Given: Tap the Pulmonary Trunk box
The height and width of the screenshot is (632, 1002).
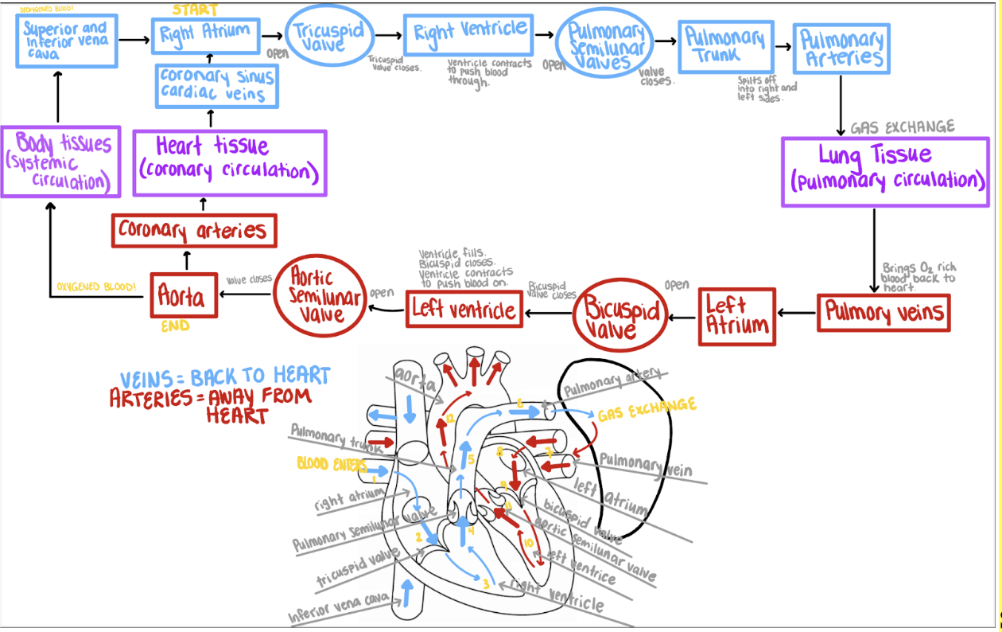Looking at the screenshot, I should pyautogui.click(x=725, y=46).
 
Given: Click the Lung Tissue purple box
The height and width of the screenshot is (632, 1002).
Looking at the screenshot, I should pyautogui.click(x=885, y=171).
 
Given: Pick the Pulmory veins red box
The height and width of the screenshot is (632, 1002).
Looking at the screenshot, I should pyautogui.click(x=884, y=312).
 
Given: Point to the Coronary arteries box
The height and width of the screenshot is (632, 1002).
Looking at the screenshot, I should pyautogui.click(x=193, y=231).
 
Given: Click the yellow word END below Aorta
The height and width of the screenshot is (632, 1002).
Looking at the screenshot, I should pyautogui.click(x=175, y=326).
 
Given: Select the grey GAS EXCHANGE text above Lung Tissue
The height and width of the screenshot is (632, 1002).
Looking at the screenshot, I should pyautogui.click(x=902, y=127).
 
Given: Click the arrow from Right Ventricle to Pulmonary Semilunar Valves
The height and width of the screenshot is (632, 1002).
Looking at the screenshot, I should pyautogui.click(x=545, y=35).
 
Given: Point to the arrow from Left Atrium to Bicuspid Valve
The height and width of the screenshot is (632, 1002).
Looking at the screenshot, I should pyautogui.click(x=683, y=318).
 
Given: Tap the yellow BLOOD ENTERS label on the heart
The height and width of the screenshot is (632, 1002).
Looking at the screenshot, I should pyautogui.click(x=332, y=463).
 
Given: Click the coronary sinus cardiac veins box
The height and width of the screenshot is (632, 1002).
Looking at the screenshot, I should pyautogui.click(x=216, y=85).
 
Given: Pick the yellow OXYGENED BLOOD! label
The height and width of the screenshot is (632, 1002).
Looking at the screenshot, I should pyautogui.click(x=96, y=287).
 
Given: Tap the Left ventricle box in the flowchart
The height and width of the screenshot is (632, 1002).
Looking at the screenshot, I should pyautogui.click(x=464, y=309).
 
